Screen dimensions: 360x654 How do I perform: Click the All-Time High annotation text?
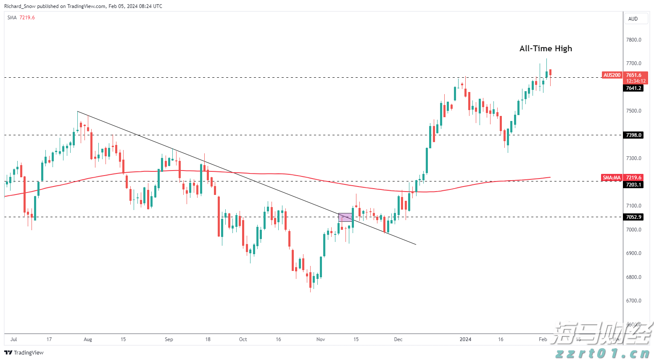point(546,49)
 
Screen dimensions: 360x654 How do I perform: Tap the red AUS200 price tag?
point(612,75)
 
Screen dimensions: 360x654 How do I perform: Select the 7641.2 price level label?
point(633,88)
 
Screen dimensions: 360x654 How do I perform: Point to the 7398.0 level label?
point(633,135)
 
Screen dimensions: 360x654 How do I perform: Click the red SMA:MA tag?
point(612,178)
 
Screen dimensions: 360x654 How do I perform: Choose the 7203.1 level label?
point(633,185)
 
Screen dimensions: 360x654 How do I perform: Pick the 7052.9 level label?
point(633,217)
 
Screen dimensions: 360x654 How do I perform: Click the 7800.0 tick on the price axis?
point(633,40)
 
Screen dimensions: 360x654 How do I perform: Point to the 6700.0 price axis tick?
point(633,301)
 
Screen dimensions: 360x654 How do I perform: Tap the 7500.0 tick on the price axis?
point(633,111)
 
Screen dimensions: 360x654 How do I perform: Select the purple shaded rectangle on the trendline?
point(345,217)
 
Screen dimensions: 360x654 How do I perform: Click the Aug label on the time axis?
point(88,339)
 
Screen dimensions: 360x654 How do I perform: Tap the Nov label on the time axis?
point(321,339)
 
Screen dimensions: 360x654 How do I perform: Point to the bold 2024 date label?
point(465,339)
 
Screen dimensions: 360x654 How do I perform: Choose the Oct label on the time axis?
point(243,339)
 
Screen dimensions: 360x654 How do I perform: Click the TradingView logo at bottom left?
point(24,352)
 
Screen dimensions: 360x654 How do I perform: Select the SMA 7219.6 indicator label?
point(21,18)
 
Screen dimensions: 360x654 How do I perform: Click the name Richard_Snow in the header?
point(20,6)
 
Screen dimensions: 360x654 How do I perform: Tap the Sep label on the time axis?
point(169,339)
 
